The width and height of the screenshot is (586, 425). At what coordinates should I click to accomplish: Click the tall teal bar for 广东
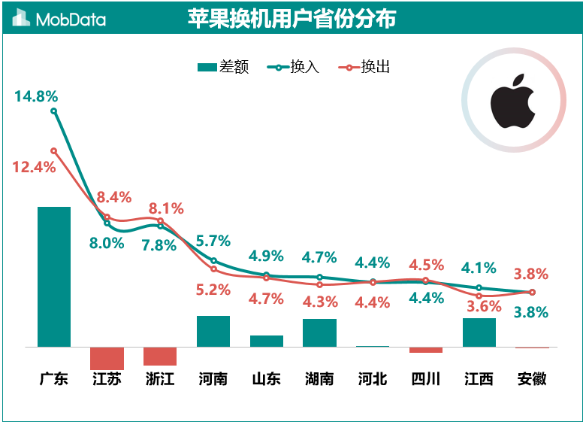pyautogui.click(x=54, y=276)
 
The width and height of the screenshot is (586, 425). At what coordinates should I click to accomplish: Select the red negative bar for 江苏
pyautogui.click(x=107, y=358)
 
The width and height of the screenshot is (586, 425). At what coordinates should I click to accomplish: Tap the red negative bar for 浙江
pyautogui.click(x=160, y=356)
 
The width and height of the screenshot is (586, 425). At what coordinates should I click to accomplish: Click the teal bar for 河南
pyautogui.click(x=213, y=331)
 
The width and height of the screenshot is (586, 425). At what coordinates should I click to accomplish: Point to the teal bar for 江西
pyautogui.click(x=479, y=332)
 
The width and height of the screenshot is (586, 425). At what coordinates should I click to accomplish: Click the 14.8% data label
pyautogui.click(x=35, y=96)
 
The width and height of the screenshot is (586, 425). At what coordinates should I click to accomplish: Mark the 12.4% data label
pyautogui.click(x=34, y=167)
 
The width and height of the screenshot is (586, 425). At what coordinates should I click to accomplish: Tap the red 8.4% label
pyautogui.click(x=114, y=197)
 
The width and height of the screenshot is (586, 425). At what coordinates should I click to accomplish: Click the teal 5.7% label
pyautogui.click(x=213, y=241)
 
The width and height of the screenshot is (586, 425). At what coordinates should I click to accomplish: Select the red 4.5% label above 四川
pyautogui.click(x=426, y=265)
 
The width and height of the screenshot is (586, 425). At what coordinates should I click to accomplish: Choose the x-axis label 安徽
pyautogui.click(x=532, y=378)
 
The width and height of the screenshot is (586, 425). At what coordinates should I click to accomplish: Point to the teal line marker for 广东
pyautogui.click(x=53, y=111)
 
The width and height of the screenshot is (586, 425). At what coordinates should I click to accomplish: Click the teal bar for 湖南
pyautogui.click(x=319, y=332)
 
